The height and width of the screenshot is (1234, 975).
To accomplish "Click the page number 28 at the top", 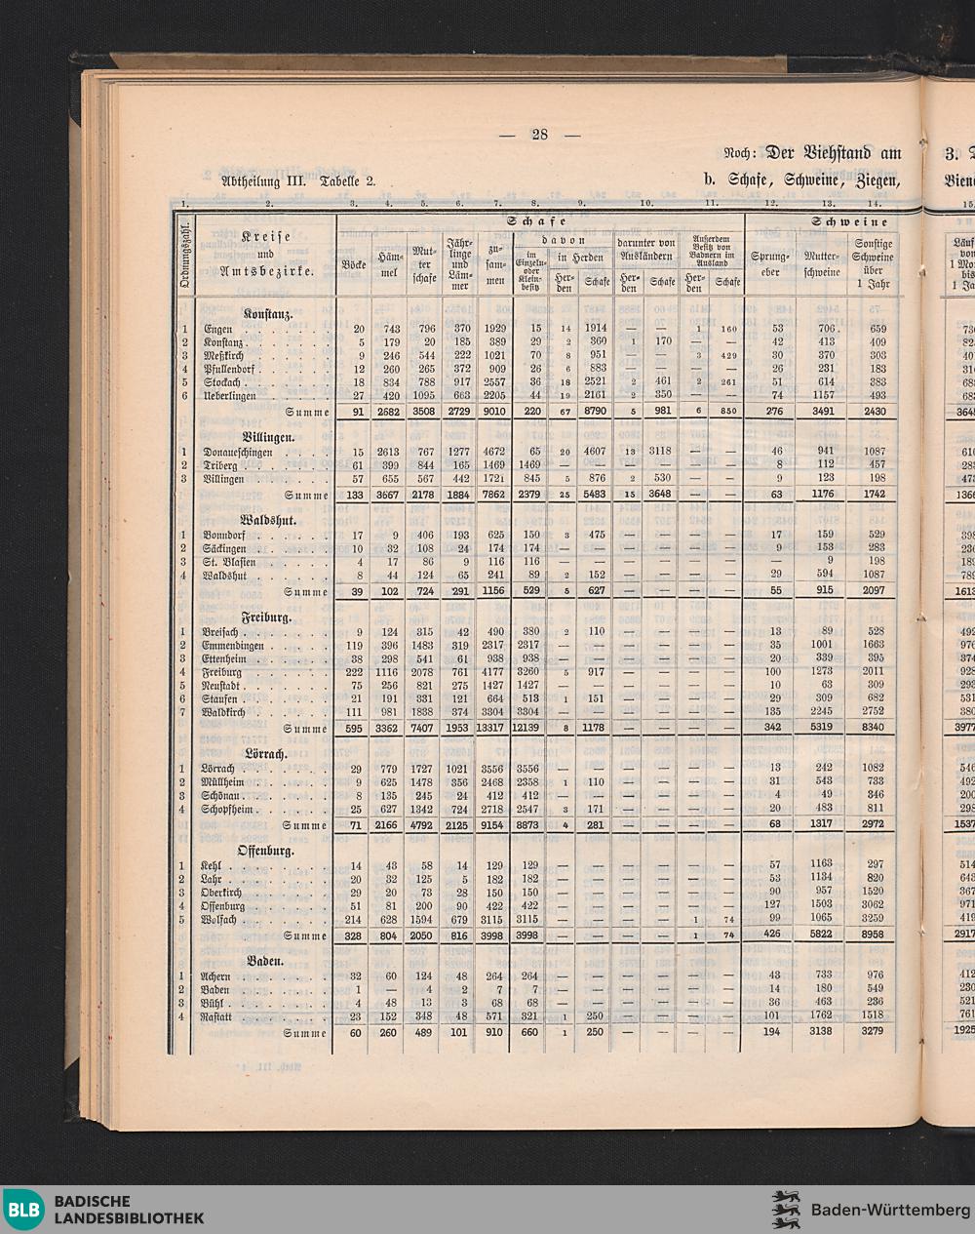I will coord(539,135).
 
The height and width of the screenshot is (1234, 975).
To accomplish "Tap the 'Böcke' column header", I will coord(353,264).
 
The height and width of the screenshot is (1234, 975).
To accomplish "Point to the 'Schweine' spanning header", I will coord(833,222).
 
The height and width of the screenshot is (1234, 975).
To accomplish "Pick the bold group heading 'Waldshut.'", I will coord(268,521).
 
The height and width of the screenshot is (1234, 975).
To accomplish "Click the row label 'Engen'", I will coord(218,329).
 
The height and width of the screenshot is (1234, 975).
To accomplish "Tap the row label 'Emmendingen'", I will coord(233,646).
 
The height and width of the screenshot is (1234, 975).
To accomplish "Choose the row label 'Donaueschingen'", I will coord(238,453).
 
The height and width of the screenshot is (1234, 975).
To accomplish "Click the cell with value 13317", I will coord(494,729).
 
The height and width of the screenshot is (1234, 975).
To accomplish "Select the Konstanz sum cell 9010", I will coord(495,412).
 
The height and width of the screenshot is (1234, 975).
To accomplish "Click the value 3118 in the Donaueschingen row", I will coord(660,453).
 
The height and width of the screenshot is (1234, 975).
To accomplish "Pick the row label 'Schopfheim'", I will coord(227,810).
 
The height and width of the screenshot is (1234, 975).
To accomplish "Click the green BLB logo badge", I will coord(24,1211).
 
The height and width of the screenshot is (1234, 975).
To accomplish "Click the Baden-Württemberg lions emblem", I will coord(786,1210).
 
